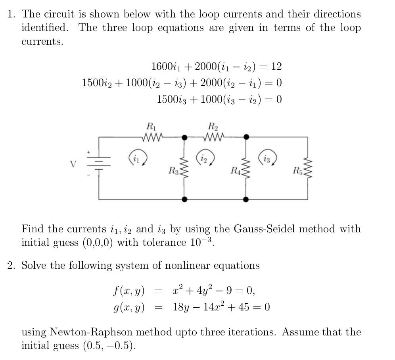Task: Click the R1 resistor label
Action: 151,127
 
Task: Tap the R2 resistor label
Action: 213,127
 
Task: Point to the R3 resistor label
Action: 173,171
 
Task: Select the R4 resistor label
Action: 235,171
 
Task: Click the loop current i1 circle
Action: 137,158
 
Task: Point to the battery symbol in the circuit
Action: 99,164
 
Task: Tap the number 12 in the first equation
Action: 276,66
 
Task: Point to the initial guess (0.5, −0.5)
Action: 109,346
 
